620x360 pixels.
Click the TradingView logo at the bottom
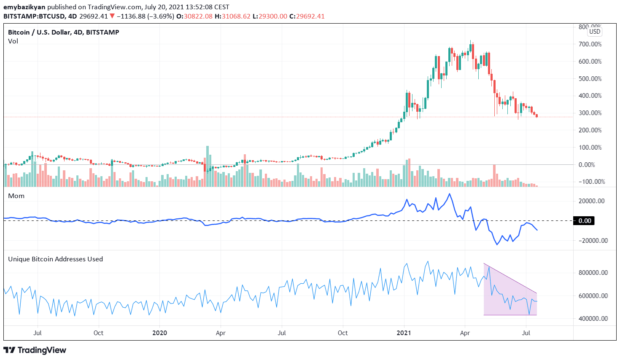(35, 350)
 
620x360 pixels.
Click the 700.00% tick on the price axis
(590, 44)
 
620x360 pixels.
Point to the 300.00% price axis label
(590, 113)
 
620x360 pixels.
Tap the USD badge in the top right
(595, 32)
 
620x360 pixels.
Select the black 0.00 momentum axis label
(584, 221)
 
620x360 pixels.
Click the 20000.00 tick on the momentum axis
(591, 201)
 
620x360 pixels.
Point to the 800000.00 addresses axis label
(593, 273)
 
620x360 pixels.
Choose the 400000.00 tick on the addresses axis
(593, 319)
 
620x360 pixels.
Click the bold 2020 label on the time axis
(159, 333)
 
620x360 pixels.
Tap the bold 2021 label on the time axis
(404, 333)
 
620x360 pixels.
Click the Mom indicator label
(16, 196)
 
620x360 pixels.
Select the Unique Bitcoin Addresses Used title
(55, 259)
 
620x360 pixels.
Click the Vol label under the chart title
(13, 41)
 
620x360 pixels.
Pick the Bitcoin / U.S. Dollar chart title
(63, 32)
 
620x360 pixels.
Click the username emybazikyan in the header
(24, 7)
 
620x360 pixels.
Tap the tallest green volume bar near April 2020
(207, 167)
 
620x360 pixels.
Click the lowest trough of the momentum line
(497, 244)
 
